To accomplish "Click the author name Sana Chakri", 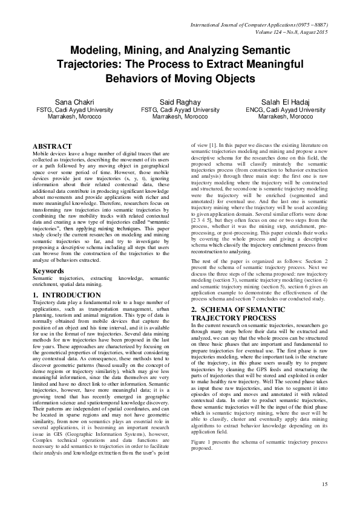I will [75, 101].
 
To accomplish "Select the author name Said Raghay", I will [180, 101].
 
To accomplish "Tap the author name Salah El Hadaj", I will [285, 101].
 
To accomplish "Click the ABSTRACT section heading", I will [53, 147].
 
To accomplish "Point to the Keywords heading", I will [50, 271].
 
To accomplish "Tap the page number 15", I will [324, 484].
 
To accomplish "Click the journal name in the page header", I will [258, 25].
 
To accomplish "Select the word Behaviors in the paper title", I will [133, 79].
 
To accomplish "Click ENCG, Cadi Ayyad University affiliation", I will [285, 110].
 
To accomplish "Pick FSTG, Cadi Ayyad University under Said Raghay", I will [180, 110].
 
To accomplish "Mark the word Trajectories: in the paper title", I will [91, 65].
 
